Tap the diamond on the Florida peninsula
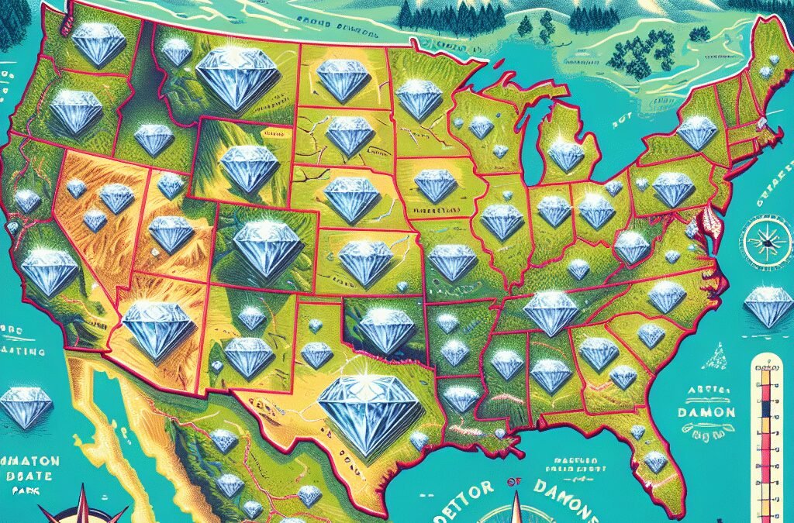pyautogui.click(x=655, y=462)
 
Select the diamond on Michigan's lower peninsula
pyautogui.click(x=566, y=155)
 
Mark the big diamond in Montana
pyautogui.click(x=237, y=77)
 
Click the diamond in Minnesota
pyautogui.click(x=419, y=100)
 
